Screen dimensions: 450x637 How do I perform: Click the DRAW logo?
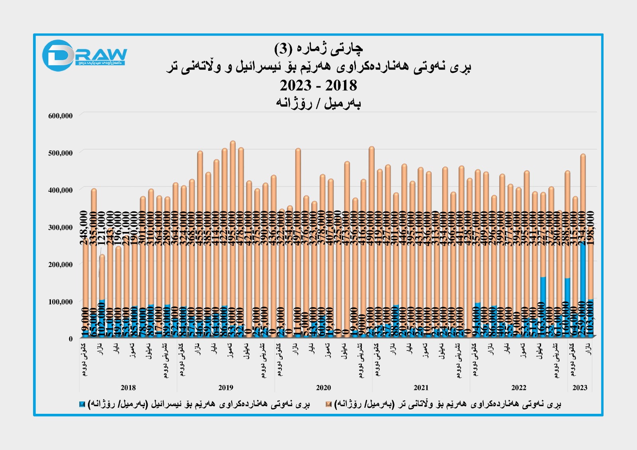coord(84,55)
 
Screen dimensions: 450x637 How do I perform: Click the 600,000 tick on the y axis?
coord(61,116)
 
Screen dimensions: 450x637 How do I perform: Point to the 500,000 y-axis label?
coord(61,153)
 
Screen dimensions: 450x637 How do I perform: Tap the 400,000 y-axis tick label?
coord(61,190)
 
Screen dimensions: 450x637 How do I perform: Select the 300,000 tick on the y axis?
coord(61,227)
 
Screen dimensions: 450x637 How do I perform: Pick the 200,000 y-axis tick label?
coord(61,264)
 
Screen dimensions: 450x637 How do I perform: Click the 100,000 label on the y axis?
coord(61,302)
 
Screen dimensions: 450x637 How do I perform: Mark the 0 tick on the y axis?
coord(71,339)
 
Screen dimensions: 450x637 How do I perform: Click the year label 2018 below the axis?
coord(128,388)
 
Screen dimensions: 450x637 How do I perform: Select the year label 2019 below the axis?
coord(226,388)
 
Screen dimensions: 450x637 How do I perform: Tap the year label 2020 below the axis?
coord(323,388)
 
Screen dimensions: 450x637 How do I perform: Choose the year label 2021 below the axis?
coord(421,388)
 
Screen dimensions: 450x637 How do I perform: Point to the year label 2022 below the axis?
coord(518,388)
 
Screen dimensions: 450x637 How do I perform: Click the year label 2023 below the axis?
coord(580,388)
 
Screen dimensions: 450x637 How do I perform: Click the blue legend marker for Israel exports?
coord(82,405)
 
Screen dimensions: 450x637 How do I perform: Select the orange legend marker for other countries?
coord(328,405)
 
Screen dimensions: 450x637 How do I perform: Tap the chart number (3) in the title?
coord(283,49)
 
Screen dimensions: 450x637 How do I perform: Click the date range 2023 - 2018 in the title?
coord(318,86)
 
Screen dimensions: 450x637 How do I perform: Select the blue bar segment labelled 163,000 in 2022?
coord(543,306)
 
